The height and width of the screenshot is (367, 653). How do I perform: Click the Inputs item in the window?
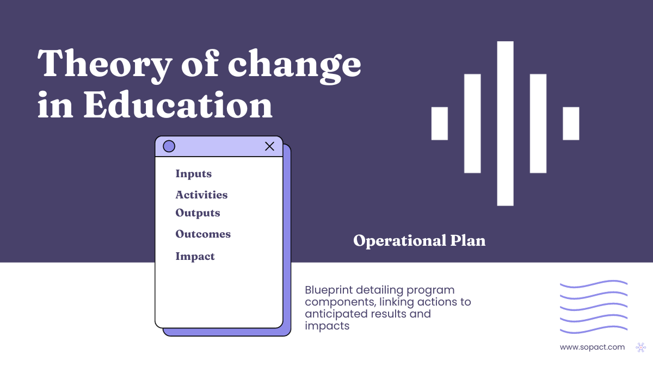pos(193,174)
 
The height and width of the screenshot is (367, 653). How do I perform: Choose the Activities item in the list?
pos(201,195)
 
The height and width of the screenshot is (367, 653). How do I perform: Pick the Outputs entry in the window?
pos(198,213)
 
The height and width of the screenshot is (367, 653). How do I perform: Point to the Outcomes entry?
pos(203,234)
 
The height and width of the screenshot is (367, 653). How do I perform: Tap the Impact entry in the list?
pos(195,257)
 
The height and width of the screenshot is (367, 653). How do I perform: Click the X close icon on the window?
pos(269,146)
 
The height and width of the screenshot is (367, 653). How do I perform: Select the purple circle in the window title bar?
pos(169,146)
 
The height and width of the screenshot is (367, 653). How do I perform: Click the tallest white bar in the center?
pos(505,123)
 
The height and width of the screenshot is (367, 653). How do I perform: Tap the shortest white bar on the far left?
pos(440,123)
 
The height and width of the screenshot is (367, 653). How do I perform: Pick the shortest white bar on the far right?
pos(571,123)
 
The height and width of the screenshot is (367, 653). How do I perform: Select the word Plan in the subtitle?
pos(467,240)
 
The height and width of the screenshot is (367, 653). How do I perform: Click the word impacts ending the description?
pos(327,326)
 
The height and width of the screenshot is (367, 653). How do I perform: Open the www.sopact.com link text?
pos(592,347)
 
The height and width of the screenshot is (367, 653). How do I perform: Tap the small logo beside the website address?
pos(640,347)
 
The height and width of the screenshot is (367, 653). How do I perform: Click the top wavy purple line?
pos(593,284)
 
